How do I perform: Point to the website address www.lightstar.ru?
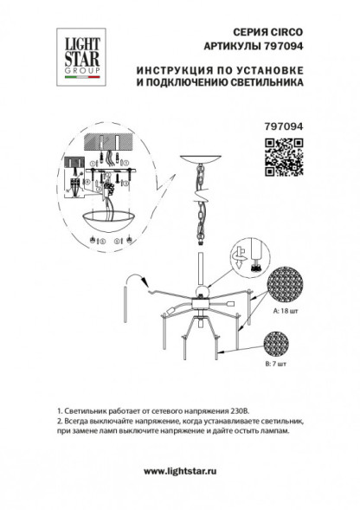pos(179,471)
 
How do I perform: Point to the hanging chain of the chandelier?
pos(202,208)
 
